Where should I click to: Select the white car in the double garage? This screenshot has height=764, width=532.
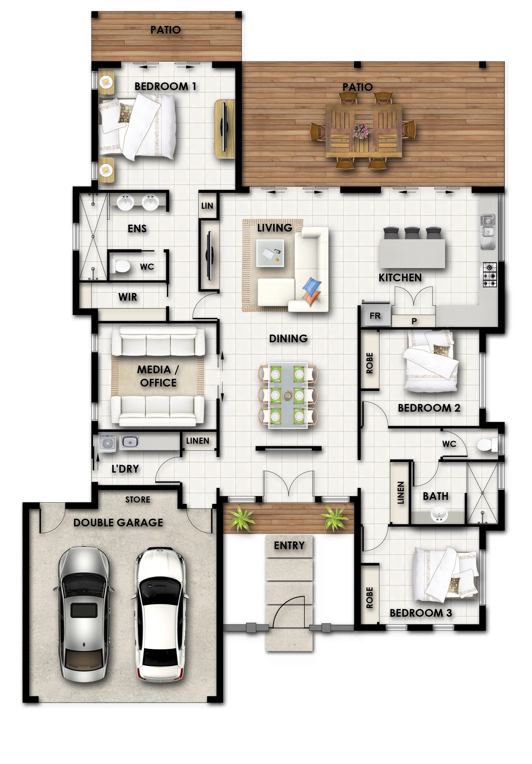pyautogui.click(x=160, y=614)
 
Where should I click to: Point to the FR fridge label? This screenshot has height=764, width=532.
pyautogui.click(x=375, y=316)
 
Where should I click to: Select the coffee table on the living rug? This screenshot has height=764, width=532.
pyautogui.click(x=270, y=253)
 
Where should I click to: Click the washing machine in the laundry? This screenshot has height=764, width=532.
pyautogui.click(x=107, y=443)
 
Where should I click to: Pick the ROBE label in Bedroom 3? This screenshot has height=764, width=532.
pyautogui.click(x=369, y=597)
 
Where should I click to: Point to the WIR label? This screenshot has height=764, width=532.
pyautogui.click(x=128, y=297)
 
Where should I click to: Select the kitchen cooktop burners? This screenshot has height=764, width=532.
pyautogui.click(x=490, y=274)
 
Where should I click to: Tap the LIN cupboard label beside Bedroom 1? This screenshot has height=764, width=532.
pyautogui.click(x=207, y=206)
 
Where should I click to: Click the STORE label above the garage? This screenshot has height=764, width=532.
pyautogui.click(x=138, y=499)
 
